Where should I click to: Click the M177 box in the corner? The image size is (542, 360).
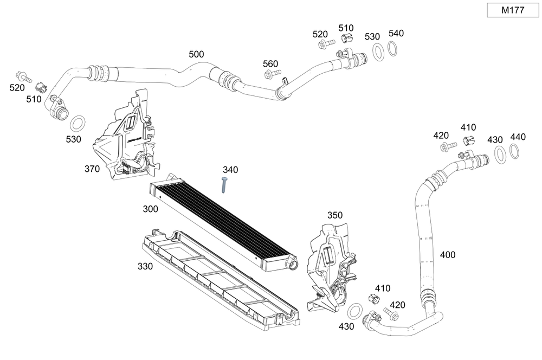[x=512, y=10]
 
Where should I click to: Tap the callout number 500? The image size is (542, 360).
[x=196, y=54]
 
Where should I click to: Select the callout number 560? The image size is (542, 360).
[x=270, y=63]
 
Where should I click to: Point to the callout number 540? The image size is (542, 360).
[x=396, y=34]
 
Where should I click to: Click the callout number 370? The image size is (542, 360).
[x=92, y=169]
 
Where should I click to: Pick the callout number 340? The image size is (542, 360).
[x=230, y=170]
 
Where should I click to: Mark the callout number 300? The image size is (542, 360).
[x=151, y=209]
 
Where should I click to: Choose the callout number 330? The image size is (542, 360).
[x=145, y=266]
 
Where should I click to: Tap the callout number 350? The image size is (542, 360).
[x=335, y=215]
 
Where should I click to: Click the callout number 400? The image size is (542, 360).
[x=448, y=254]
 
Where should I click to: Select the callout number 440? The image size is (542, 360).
[x=518, y=137]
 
